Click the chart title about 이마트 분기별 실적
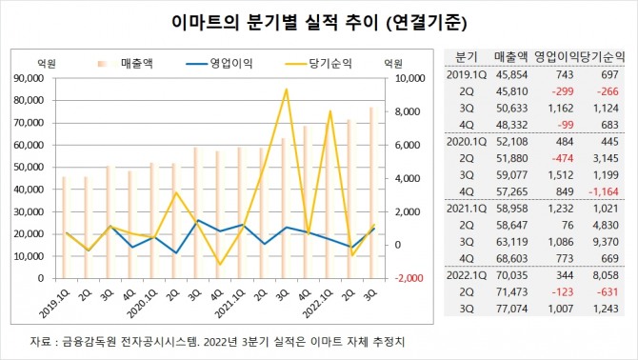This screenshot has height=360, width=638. click(318, 20)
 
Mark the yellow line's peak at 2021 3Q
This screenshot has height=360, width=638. click(287, 90)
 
